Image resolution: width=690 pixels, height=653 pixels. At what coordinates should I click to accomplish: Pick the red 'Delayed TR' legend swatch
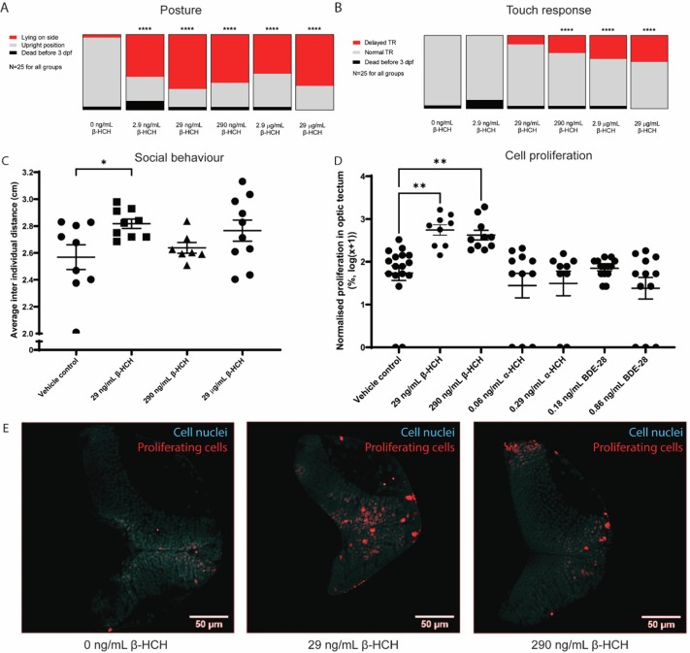click(x=357, y=46)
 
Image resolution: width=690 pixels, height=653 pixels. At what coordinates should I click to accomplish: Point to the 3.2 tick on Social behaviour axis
click(x=33, y=173)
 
